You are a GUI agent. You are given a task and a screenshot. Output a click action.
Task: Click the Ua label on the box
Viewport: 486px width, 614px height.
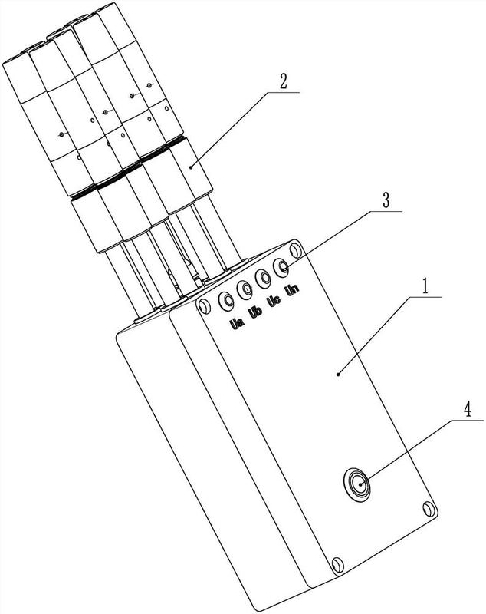[235, 324]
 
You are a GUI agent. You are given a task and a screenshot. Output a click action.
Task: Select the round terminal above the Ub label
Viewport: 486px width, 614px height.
[246, 289]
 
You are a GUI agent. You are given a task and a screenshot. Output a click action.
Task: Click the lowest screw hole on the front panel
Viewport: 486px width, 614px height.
[335, 566]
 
